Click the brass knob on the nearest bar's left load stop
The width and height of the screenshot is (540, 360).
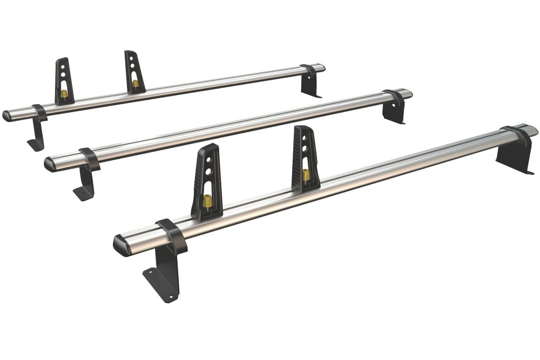tap(206, 202)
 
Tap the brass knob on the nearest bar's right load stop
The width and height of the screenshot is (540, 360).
tap(306, 175)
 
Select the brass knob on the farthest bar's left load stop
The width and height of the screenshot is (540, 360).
tap(64, 94)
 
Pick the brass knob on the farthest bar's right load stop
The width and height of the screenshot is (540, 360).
tap(135, 84)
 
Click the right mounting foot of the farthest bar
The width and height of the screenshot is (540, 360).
tap(310, 86)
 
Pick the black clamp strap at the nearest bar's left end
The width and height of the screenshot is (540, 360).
tap(172, 235)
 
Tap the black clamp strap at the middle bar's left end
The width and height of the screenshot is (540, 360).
tap(90, 158)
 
